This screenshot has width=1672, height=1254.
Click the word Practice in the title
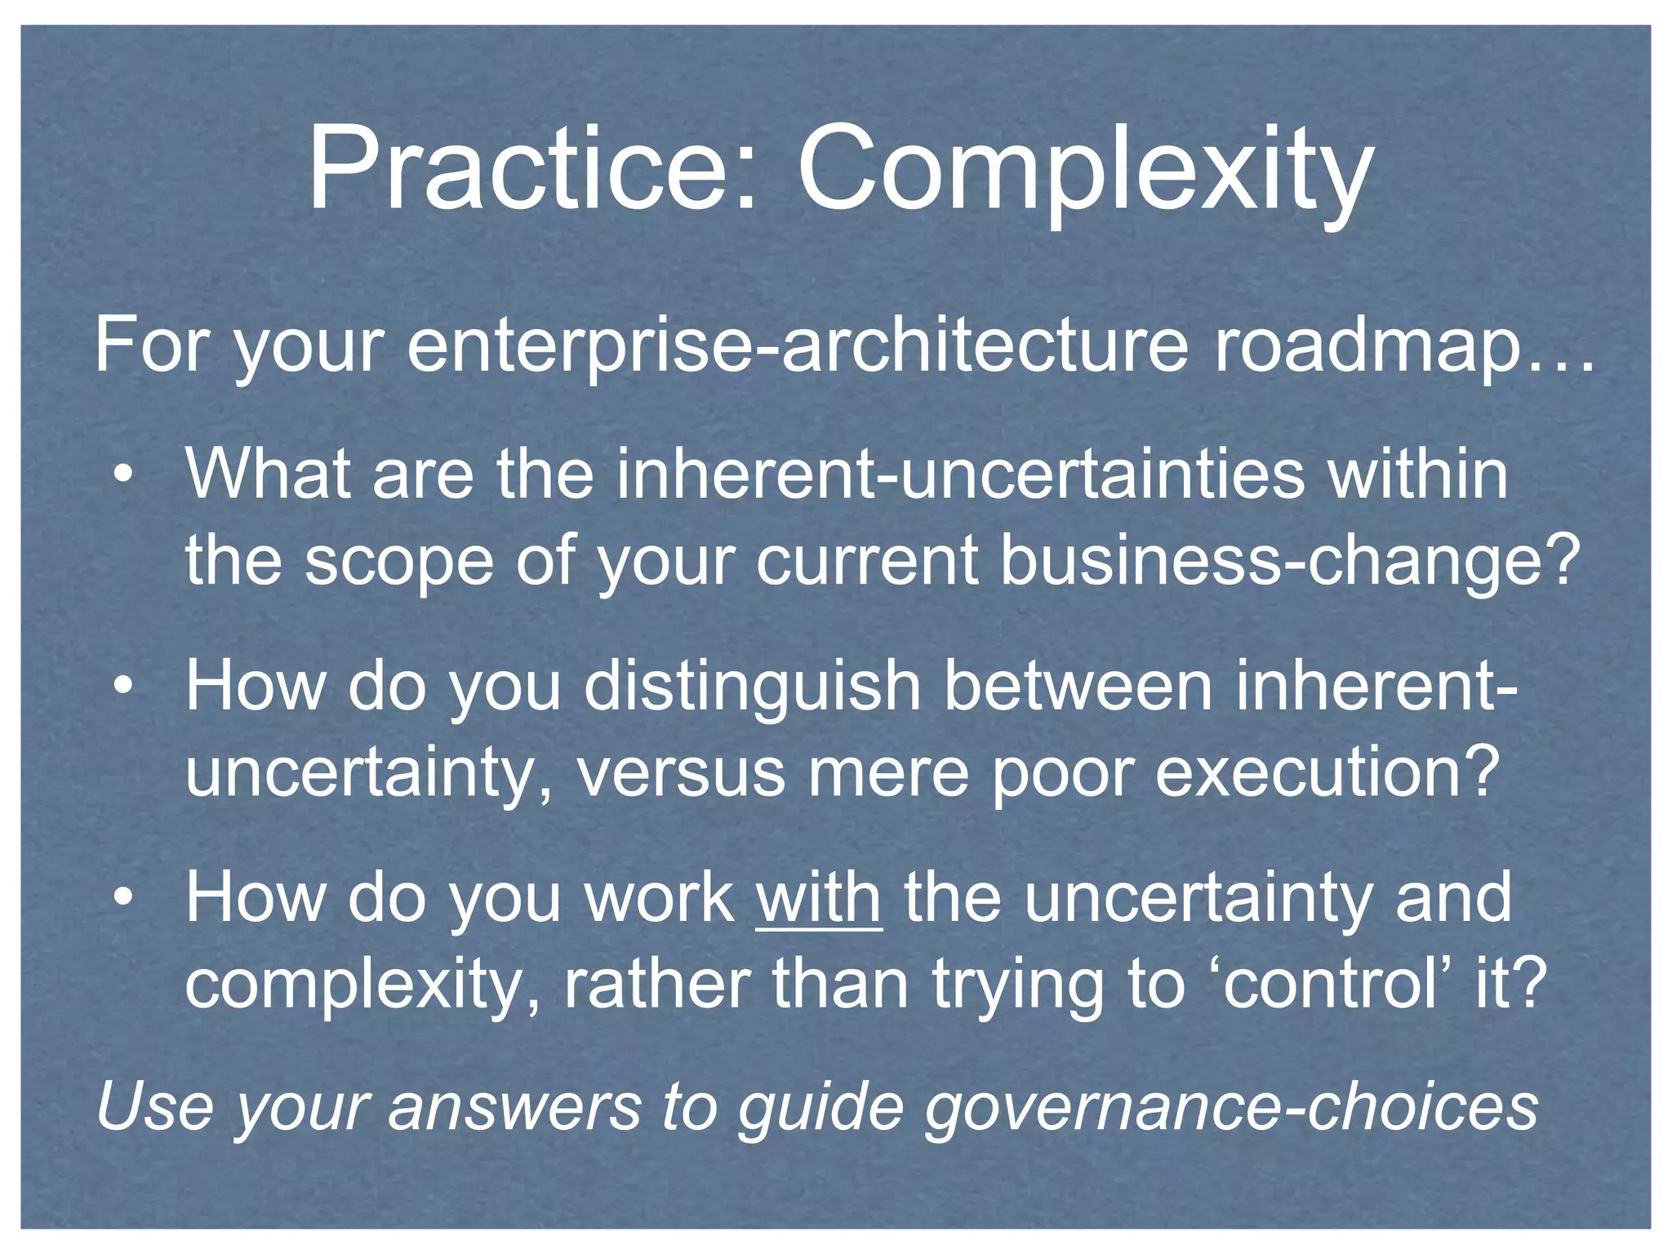click(x=531, y=170)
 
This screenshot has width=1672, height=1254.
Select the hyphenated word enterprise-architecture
click(x=796, y=346)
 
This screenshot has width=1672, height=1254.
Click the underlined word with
click(x=819, y=898)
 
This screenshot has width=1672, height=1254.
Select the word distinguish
click(x=752, y=687)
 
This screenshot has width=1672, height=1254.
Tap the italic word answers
click(x=514, y=1108)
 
